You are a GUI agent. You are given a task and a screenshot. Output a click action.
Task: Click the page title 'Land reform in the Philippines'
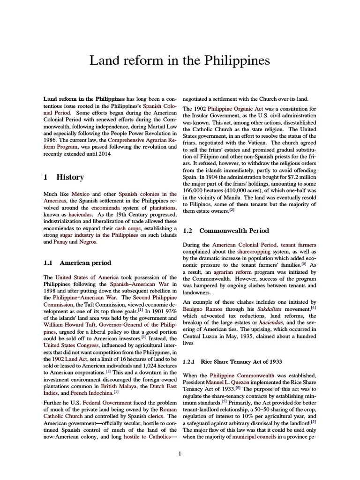click(180, 61)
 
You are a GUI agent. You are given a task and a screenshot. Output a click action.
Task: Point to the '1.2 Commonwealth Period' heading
click(225, 231)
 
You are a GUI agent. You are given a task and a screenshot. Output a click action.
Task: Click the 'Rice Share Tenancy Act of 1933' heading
click(235, 361)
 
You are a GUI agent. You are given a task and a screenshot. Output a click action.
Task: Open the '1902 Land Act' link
click(65, 359)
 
